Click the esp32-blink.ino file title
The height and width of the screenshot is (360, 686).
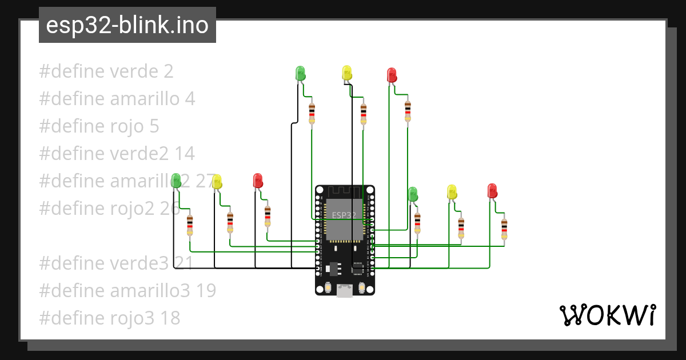127,25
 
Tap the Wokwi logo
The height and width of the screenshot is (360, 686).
607,315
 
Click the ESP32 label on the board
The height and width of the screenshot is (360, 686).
344,215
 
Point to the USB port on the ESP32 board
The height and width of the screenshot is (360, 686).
345,290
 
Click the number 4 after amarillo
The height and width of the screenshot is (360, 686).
190,99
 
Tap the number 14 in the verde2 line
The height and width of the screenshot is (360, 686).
185,154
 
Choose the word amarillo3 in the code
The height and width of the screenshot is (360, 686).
150,291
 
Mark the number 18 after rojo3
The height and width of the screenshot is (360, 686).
170,318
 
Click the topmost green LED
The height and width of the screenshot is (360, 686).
300,73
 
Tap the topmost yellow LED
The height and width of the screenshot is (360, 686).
346,72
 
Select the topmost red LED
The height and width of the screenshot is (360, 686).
392,75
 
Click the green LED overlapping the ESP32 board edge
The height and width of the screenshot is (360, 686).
413,194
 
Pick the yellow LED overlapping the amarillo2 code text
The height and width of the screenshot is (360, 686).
217,182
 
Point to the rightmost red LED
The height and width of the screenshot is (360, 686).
492,190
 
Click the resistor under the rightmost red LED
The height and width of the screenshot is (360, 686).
504,229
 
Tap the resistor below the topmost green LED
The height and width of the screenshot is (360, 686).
312,113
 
